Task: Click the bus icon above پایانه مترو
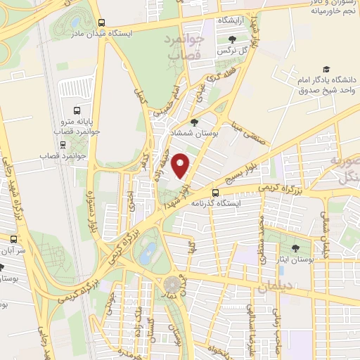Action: [77, 110]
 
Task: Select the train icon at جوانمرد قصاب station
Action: [64, 145]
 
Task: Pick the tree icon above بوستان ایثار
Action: [295, 247]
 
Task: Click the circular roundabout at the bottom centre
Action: [172, 285]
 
